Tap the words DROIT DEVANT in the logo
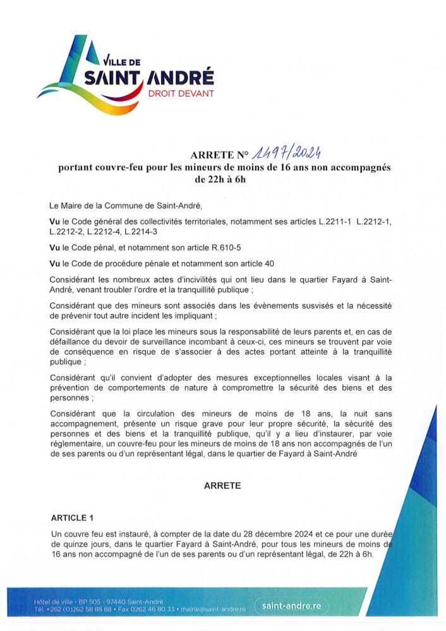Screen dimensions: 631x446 (x=181, y=93)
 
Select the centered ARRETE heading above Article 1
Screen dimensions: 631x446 (x=222, y=486)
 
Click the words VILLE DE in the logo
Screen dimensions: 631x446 (x=124, y=61)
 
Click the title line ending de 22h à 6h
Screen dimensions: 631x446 (x=222, y=178)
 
